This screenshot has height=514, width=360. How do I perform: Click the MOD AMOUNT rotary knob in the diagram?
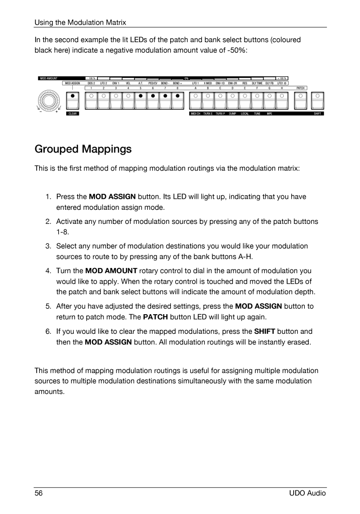point(49,101)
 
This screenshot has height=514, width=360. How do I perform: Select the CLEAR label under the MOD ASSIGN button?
point(73,114)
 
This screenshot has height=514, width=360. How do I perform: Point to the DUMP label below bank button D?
point(232,114)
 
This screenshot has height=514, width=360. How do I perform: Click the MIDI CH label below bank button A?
point(195,114)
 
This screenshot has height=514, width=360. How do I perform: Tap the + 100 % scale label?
point(282,78)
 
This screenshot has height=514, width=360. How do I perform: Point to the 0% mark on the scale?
point(186,78)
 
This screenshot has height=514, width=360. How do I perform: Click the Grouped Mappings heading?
point(83,149)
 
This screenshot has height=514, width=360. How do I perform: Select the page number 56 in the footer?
point(38,493)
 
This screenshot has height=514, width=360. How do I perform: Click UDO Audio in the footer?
point(308,493)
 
